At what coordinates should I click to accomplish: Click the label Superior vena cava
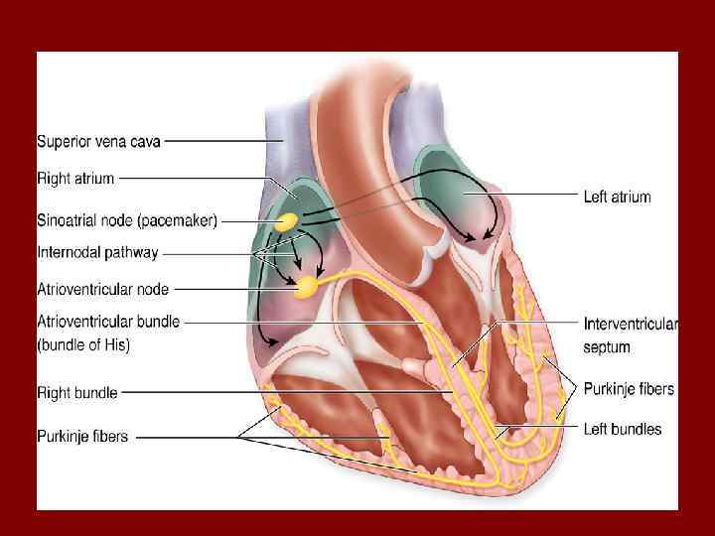click(x=99, y=141)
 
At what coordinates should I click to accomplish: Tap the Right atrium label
click(x=76, y=179)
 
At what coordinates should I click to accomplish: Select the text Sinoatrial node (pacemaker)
click(x=127, y=220)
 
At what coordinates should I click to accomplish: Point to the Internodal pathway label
click(x=97, y=253)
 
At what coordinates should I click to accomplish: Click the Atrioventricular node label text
click(x=103, y=290)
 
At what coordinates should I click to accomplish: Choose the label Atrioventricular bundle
click(x=108, y=323)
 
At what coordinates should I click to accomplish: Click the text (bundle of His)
click(x=83, y=345)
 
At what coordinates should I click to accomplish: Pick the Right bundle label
click(x=77, y=393)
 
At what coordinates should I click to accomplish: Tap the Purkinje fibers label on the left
click(x=82, y=436)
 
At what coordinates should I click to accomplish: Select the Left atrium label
click(x=617, y=197)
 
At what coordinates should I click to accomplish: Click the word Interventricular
click(x=630, y=325)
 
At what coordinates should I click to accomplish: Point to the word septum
click(x=607, y=347)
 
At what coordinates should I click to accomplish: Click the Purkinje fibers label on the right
click(x=629, y=389)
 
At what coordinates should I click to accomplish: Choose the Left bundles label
click(x=623, y=429)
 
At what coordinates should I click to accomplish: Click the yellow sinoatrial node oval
click(x=287, y=222)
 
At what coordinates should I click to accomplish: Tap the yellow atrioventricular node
click(x=307, y=287)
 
